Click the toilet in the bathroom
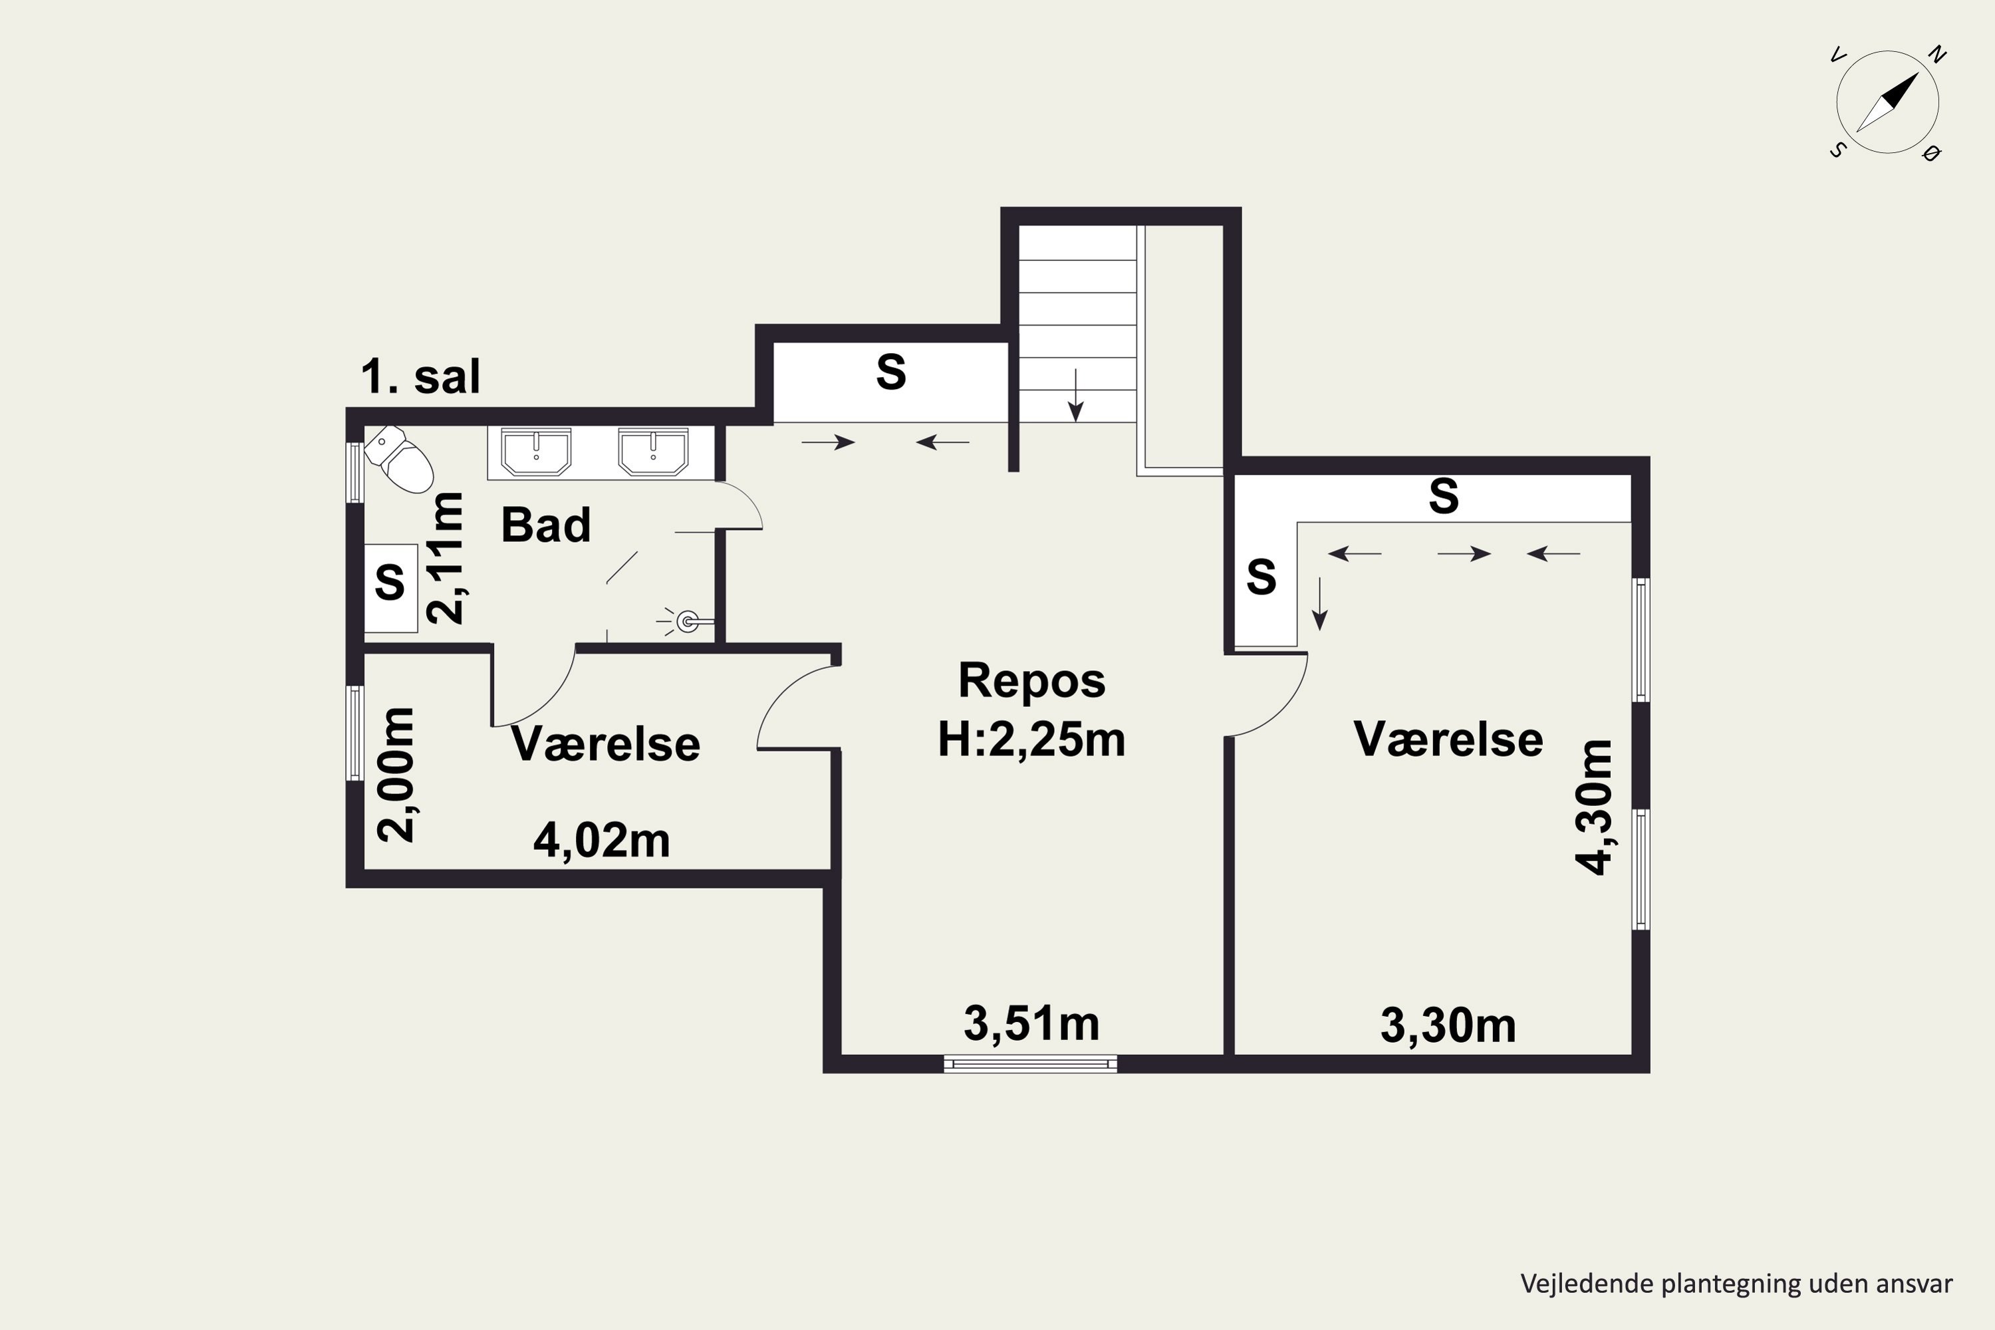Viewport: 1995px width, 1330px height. coord(398,459)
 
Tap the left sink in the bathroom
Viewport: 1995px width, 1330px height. coord(536,452)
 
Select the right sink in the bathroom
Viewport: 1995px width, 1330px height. coord(653,452)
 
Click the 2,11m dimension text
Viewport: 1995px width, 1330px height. coord(446,558)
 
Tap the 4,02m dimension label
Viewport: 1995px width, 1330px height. coord(601,841)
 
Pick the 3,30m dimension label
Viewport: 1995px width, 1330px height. coord(1448,1025)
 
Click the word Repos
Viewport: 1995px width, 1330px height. coord(1031,680)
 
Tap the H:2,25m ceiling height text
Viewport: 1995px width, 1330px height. coord(1031,739)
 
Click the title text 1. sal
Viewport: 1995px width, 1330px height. coord(421,376)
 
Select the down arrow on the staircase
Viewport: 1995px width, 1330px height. coord(1075,395)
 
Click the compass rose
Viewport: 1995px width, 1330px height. coord(1887,102)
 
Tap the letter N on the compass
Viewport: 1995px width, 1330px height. coord(1937,55)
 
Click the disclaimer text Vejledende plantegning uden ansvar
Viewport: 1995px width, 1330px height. coord(1736,1283)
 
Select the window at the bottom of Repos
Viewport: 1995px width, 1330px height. coord(1031,1063)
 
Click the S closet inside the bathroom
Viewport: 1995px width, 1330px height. coord(391,588)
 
